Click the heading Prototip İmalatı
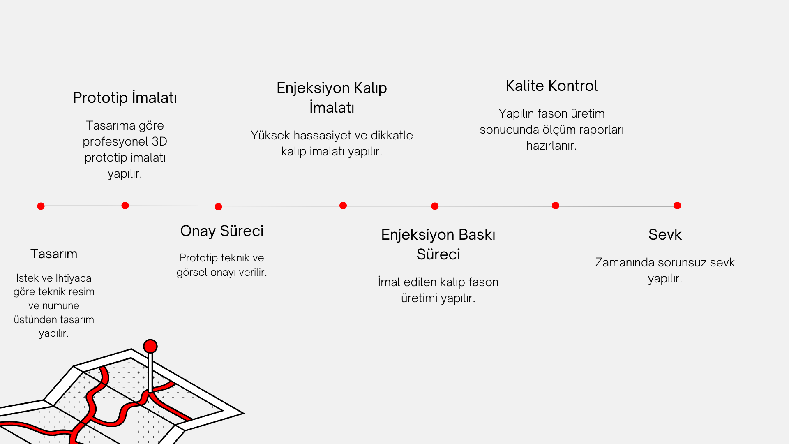125,98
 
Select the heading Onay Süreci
222,231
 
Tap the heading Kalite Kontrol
551,86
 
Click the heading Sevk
665,235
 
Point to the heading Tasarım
54,254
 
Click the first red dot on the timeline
41,206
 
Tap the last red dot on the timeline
677,206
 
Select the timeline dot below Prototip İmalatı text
125,206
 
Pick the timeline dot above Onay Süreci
219,207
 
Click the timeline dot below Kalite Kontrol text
556,206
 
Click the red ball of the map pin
150,346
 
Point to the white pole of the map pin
150,372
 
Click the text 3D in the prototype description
159,141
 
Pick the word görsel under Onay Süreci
192,272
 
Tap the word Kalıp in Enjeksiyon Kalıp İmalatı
370,88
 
